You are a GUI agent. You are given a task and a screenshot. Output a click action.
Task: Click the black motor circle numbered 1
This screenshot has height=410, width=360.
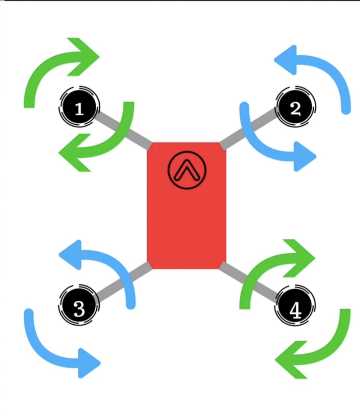point(78,108)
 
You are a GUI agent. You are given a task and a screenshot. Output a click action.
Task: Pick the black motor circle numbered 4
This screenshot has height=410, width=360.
point(296,306)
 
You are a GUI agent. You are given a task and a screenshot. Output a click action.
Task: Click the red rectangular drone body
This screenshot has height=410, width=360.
point(187,219)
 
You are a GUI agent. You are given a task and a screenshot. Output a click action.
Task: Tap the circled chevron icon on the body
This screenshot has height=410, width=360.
point(187,171)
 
